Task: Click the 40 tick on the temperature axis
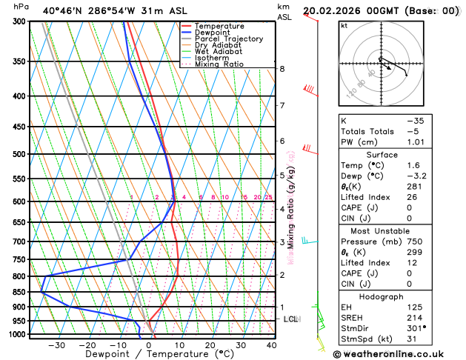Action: [x=271, y=344]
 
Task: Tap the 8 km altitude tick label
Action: [x=282, y=69]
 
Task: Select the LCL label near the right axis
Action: [x=291, y=319]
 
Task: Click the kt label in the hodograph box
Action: [x=344, y=25]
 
